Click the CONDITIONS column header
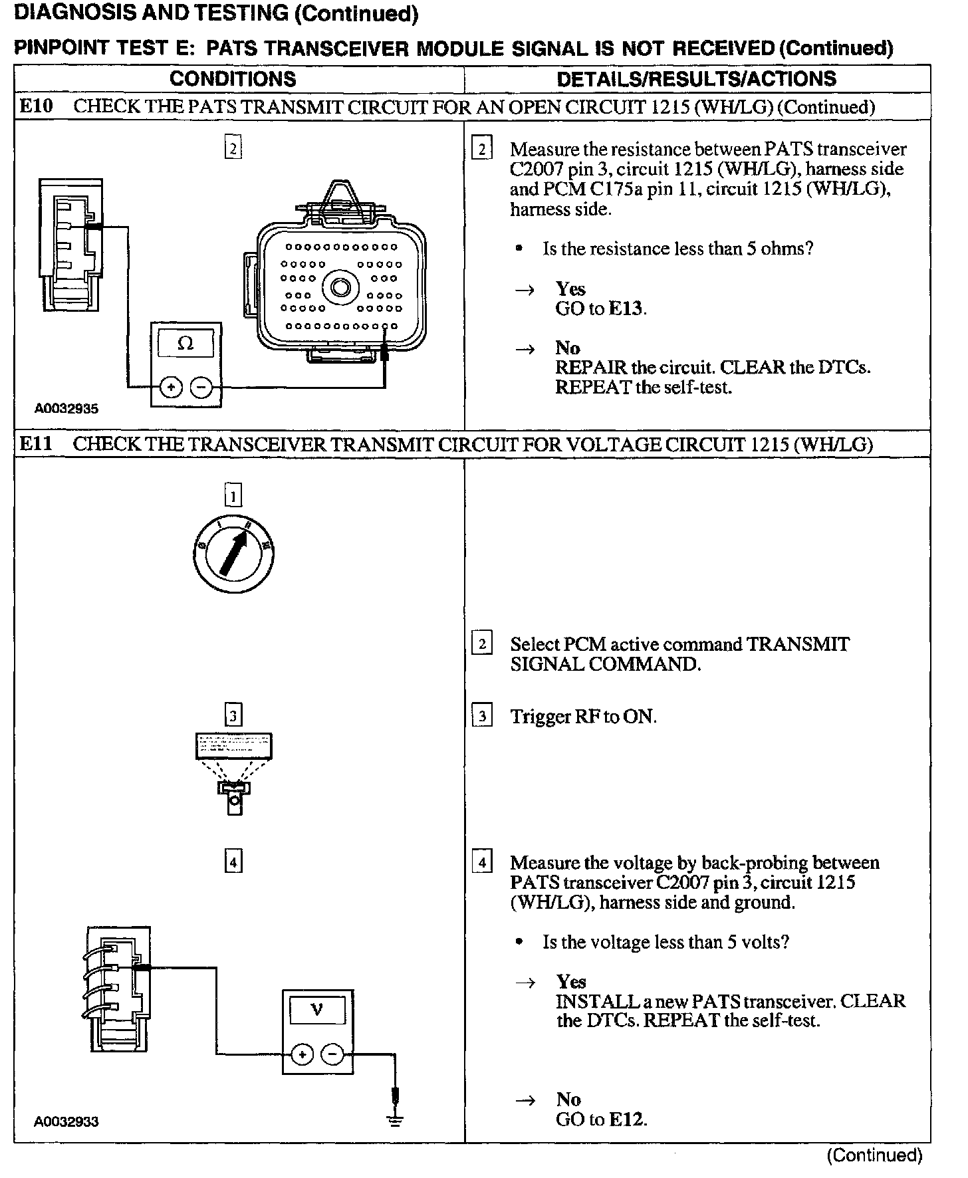coord(233,78)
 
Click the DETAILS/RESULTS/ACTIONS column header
coord(696,78)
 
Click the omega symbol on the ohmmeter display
coord(185,344)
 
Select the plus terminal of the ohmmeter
coord(171,387)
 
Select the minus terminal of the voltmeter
coord(333,1054)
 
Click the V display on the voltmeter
coord(316,1010)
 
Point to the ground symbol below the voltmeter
coord(396,1121)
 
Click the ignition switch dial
coord(232,553)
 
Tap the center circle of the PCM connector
coord(341,288)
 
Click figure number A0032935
coord(66,409)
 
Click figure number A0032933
coord(66,1121)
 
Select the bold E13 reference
coord(627,308)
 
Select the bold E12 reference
coord(627,1119)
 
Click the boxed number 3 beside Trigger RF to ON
coord(481,716)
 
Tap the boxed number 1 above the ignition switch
coord(233,495)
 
